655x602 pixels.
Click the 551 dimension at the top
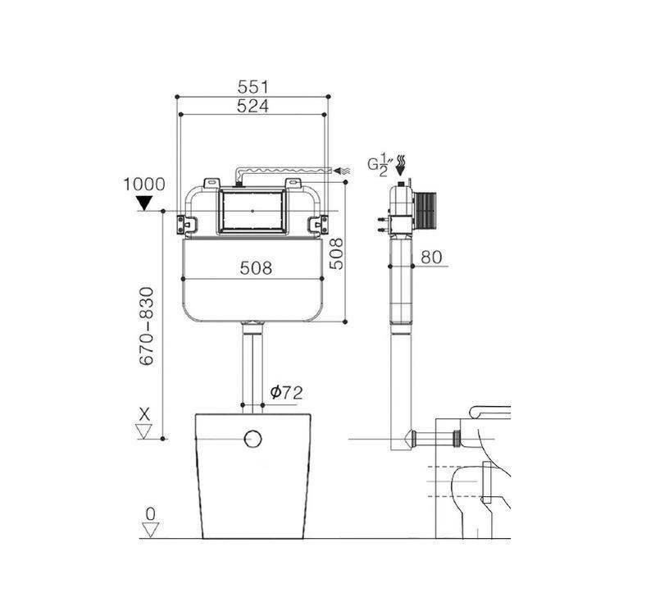click(253, 86)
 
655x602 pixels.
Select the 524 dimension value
click(253, 106)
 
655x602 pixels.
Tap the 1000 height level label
click(143, 185)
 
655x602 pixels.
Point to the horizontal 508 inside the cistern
click(256, 268)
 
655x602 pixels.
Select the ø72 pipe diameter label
click(286, 393)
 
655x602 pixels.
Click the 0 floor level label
click(150, 514)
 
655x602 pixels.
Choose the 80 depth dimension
click(431, 258)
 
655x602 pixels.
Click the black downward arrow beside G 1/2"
click(402, 168)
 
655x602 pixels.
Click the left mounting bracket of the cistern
click(188, 222)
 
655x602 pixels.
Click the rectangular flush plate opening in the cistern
click(253, 210)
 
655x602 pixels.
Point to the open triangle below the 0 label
click(150, 530)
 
